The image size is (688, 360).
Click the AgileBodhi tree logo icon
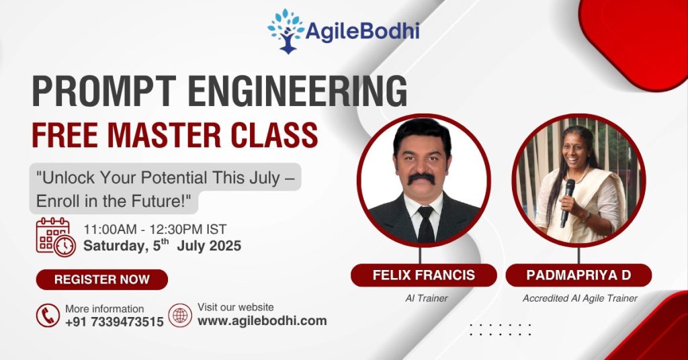coord(286,31)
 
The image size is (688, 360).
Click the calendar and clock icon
coord(56,237)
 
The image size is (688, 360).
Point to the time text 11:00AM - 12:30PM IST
coord(155,229)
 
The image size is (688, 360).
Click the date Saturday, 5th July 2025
coord(162,246)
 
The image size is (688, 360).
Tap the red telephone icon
coord(48,315)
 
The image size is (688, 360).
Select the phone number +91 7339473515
coord(114,322)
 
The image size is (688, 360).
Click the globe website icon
coord(180,315)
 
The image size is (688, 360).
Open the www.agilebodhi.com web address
coord(262,320)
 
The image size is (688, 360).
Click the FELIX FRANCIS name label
coord(423,275)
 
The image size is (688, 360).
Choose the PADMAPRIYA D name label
coord(578,275)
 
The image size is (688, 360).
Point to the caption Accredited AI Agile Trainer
coord(580,298)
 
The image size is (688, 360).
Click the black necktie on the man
coord(425,224)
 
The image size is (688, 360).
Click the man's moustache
coord(421,179)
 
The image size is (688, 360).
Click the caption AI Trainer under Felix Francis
coord(426,298)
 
